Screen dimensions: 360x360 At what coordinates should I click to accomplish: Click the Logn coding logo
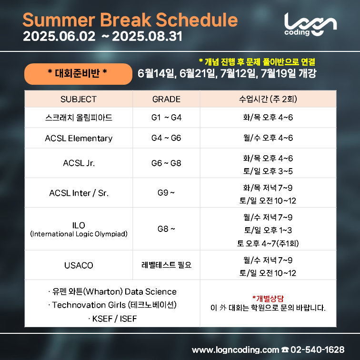tap(310, 24)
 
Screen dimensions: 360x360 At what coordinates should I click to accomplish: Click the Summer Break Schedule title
tap(130, 20)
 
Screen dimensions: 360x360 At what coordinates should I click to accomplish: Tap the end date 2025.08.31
tap(147, 36)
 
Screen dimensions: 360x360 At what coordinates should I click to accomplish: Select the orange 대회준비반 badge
tap(78, 74)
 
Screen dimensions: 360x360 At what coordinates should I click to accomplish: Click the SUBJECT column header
tap(79, 99)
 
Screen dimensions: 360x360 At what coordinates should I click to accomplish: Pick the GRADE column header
tap(166, 99)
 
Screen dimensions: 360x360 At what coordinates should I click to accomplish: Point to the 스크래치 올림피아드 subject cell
tap(79, 118)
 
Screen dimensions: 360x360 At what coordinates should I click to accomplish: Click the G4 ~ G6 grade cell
tap(166, 138)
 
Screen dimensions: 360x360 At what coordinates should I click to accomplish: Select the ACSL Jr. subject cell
tap(79, 163)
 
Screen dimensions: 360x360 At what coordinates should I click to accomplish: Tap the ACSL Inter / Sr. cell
tap(79, 193)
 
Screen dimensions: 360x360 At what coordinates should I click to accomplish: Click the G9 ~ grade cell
tap(166, 193)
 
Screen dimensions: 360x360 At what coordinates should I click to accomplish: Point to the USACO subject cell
tap(79, 265)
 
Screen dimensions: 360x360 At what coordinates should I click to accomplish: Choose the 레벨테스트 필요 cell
tap(166, 265)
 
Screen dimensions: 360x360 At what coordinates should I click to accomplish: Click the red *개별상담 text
tap(268, 299)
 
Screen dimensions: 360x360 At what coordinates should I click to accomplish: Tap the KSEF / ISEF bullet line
tap(112, 319)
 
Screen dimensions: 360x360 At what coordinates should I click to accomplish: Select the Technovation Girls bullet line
tap(112, 305)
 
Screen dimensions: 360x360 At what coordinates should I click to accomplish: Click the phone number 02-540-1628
tap(317, 350)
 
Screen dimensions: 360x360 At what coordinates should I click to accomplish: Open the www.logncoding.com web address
tap(235, 350)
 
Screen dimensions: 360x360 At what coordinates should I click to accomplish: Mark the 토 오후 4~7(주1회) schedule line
tap(268, 243)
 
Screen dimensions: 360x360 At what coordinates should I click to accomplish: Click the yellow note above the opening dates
tap(257, 62)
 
